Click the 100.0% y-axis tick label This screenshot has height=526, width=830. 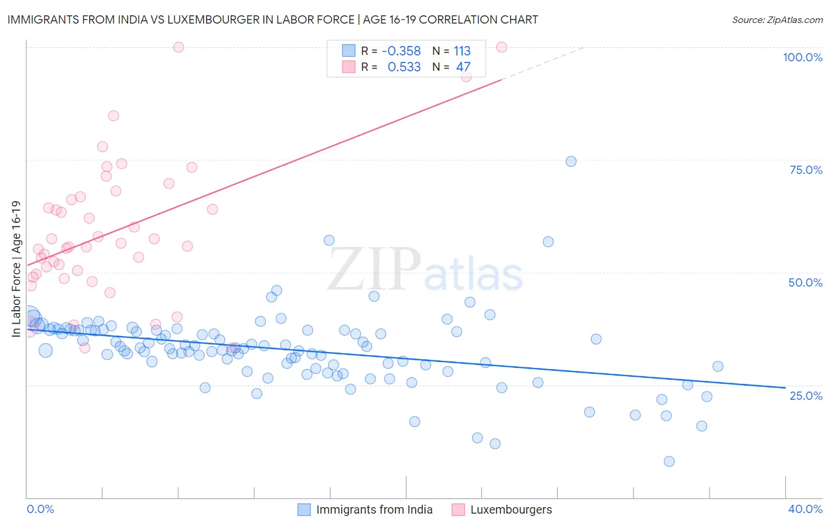point(802,57)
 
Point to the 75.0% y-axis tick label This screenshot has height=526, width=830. point(806,170)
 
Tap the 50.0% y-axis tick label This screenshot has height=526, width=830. point(805,282)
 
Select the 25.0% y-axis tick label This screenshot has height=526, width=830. point(806,395)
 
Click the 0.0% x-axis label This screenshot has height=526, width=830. point(40,509)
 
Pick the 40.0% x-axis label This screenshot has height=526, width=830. point(805,509)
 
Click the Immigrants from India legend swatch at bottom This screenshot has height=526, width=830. point(304,509)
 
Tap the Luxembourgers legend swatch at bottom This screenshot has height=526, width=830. point(458,509)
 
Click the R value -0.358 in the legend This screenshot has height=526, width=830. point(401,51)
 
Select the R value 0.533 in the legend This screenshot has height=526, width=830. point(404,67)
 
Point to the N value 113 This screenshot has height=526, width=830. point(462,51)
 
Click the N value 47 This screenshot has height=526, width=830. point(463,67)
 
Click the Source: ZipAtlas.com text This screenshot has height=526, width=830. point(777,20)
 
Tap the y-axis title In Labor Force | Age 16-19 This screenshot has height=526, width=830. point(17,269)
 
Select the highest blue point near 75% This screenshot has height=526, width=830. point(571,162)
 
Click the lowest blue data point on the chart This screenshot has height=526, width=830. point(669,461)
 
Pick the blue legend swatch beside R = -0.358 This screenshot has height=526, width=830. point(349,51)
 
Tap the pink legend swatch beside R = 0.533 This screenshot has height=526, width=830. point(349,67)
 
